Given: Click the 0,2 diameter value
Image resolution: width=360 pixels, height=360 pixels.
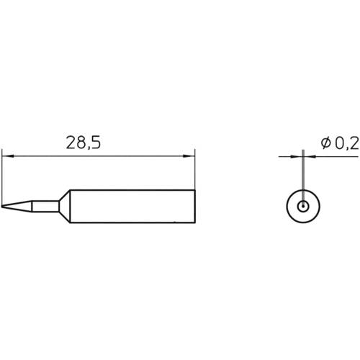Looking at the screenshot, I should [346, 144].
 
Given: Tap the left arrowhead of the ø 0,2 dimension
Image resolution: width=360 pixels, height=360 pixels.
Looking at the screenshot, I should [299, 155].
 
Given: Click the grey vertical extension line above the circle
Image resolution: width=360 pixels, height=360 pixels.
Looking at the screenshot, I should [304, 176].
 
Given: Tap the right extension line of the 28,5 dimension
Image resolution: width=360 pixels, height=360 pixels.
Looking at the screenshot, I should [195, 173].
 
